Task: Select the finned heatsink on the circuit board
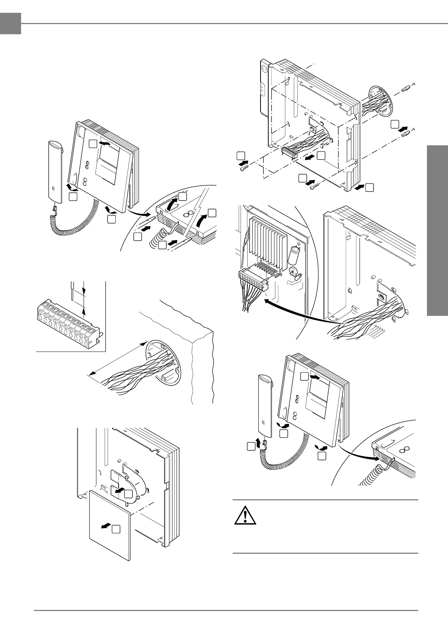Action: pyautogui.click(x=269, y=241)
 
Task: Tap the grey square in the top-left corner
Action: pyautogui.click(x=10, y=23)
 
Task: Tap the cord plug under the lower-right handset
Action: pyautogui.click(x=264, y=443)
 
